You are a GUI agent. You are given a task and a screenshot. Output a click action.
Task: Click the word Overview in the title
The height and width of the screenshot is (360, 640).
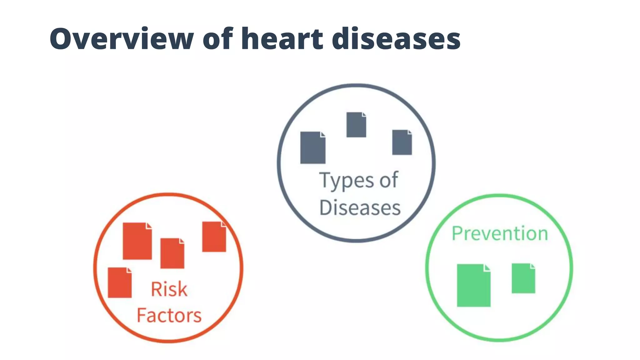[122, 39]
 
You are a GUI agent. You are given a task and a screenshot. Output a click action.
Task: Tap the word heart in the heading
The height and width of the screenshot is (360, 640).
[282, 39]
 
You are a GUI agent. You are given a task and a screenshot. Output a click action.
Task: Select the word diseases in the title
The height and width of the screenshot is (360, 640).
[396, 39]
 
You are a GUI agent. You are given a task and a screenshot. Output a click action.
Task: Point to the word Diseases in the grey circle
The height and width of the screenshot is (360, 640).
[360, 207]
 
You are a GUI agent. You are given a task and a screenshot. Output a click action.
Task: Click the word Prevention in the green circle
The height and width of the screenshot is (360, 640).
[500, 233]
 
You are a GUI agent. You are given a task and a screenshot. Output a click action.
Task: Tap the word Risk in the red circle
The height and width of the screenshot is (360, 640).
[169, 289]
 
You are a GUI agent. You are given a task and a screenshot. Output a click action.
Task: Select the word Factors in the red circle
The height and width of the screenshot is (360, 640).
[169, 315]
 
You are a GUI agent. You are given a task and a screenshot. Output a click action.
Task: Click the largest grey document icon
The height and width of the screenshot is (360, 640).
[312, 148]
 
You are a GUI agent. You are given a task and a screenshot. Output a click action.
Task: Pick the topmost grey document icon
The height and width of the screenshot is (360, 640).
[356, 125]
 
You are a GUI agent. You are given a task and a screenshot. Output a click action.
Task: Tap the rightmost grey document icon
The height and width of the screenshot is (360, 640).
[402, 142]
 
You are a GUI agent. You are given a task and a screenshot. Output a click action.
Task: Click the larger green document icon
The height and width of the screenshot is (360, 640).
[473, 285]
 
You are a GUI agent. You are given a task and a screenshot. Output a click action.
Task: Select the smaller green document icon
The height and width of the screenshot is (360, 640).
[523, 278]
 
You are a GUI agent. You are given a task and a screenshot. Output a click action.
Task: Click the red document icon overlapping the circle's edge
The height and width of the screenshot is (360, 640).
[214, 237]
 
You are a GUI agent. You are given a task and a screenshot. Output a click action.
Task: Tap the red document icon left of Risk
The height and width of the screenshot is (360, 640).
[119, 282]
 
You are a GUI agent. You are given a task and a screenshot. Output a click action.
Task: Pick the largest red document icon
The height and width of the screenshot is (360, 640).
[137, 241]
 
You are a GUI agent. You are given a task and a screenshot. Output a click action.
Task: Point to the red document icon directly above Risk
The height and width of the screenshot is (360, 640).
[172, 253]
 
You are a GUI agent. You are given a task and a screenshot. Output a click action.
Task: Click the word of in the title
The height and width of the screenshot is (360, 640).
[218, 39]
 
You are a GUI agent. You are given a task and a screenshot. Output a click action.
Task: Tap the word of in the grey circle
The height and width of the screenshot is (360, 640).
[389, 180]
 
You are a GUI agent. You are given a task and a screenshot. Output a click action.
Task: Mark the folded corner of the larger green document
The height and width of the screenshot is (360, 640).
[487, 268]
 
